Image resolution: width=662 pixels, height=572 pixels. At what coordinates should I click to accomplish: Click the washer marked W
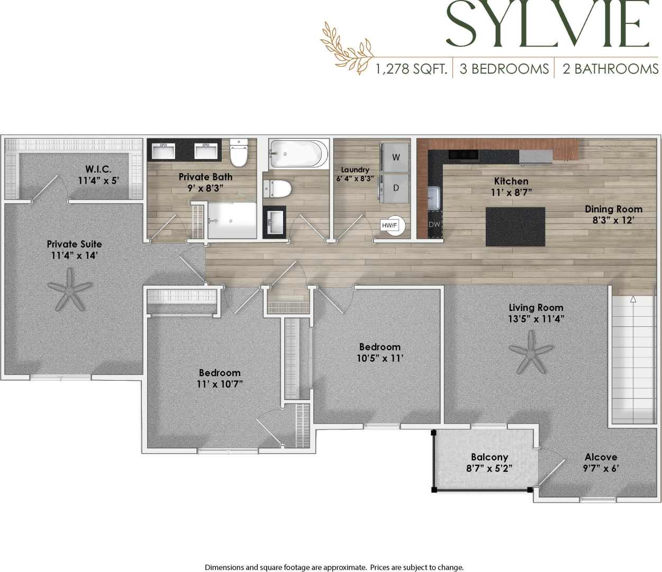pos(396,157)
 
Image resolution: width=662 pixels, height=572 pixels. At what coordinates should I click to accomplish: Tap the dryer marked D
pos(396,188)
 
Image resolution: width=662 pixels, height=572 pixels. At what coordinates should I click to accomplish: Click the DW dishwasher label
pos(434,225)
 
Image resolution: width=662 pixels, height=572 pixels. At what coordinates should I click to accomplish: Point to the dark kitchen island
pos(515,226)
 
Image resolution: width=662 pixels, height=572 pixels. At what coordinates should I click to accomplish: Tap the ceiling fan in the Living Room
pos(531,351)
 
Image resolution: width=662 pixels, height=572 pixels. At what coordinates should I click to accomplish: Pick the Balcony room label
pos(489,457)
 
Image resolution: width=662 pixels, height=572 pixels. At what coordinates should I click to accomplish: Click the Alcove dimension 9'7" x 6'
pos(601,468)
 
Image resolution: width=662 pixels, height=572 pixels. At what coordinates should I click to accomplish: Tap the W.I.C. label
pos(98,169)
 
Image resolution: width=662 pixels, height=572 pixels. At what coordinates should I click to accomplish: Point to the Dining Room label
pos(613,209)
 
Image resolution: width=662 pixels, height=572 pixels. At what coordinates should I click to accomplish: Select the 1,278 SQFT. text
pos(412,69)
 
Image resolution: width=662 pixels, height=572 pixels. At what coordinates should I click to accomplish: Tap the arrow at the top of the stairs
pos(633,300)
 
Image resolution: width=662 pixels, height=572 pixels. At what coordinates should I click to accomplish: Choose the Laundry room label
pos(355,170)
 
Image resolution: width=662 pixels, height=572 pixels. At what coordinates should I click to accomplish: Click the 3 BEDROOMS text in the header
pos(504,69)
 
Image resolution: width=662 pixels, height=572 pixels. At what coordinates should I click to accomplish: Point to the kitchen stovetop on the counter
pos(463,155)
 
